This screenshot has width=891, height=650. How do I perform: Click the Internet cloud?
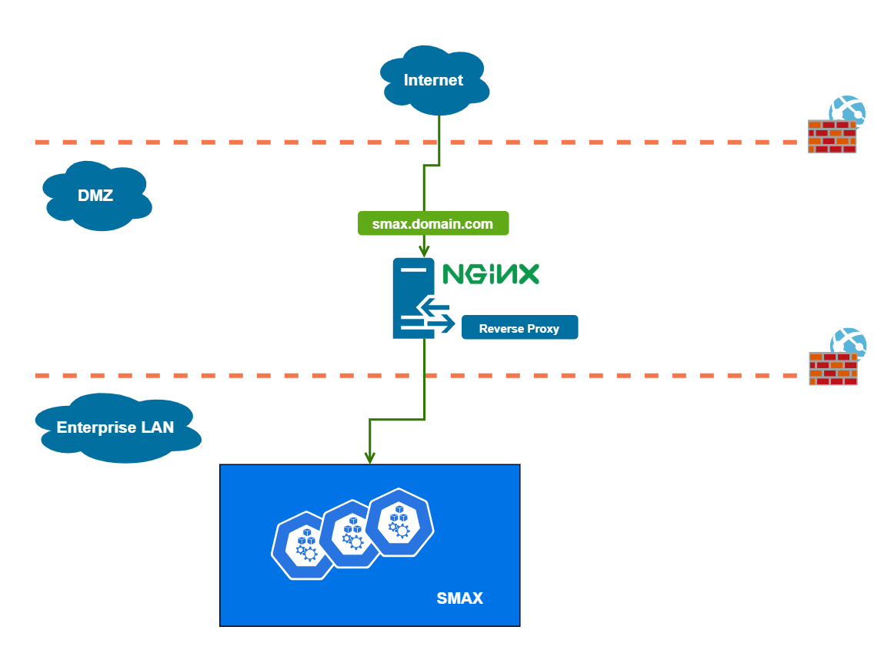point(434,80)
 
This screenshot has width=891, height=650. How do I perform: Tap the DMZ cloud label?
point(96,196)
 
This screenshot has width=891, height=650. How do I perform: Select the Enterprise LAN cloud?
point(115,427)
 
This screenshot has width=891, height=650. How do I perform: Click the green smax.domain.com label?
point(432,224)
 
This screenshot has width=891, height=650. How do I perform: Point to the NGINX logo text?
point(491,273)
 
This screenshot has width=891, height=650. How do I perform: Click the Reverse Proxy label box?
point(519,328)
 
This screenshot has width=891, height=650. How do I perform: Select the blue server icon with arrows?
point(414,299)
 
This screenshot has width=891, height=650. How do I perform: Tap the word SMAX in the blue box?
point(459,598)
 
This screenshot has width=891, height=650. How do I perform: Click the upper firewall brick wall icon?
point(832,137)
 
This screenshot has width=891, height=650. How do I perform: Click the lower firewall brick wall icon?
point(833,369)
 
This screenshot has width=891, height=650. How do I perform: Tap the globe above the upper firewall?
point(847,111)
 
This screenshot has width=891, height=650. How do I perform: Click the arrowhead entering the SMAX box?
point(370,457)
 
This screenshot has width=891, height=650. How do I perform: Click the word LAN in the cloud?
point(157,427)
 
